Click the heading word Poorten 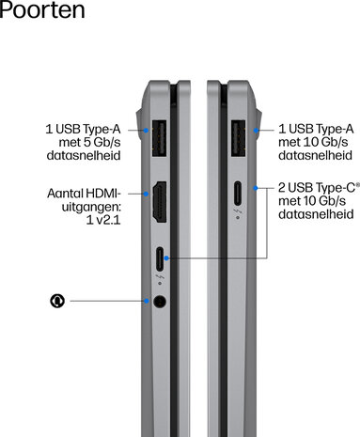[42, 10]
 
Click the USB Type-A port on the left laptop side [159, 138]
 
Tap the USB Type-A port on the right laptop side [239, 138]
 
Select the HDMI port [160, 202]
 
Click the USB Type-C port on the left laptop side [160, 259]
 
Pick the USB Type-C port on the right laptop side [238, 194]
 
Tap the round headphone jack [160, 302]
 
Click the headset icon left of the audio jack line [57, 301]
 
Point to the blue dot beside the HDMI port [146, 194]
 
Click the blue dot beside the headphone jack [147, 301]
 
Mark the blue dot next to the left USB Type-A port [146, 130]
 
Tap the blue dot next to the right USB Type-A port [257, 130]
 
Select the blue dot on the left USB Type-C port [166, 258]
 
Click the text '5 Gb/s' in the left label [102, 143]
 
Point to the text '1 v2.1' [103, 220]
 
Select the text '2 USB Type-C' [317, 188]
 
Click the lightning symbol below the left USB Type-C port [160, 277]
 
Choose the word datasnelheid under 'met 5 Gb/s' [84, 155]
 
